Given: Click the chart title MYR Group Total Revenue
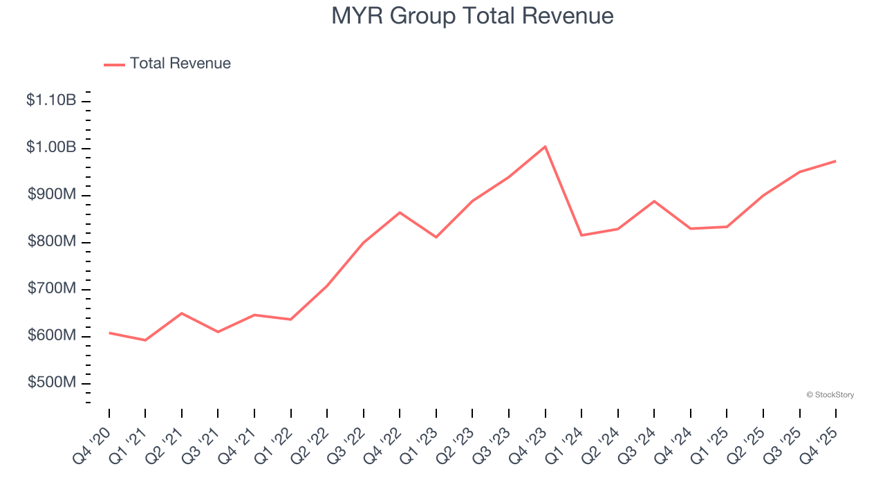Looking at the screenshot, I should tap(472, 16).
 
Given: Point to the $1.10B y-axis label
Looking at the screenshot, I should tap(51, 100).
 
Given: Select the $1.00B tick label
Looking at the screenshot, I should tap(51, 147).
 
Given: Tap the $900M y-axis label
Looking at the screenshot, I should tap(52, 194).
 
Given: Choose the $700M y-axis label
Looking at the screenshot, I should tap(52, 288).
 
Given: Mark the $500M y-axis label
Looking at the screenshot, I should tap(52, 382).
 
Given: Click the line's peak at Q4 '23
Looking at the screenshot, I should tap(545, 147).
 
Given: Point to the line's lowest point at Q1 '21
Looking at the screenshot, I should tap(145, 340).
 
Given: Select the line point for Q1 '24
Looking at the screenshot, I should tap(581, 235).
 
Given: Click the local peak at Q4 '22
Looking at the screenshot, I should tap(400, 212).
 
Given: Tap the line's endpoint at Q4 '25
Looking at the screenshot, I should tap(835, 161).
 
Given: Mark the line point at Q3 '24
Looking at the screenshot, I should tap(654, 201).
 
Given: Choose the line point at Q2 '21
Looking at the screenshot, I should tap(182, 313).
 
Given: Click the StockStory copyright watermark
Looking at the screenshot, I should tap(830, 395).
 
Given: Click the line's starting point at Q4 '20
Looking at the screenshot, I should tap(109, 333).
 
